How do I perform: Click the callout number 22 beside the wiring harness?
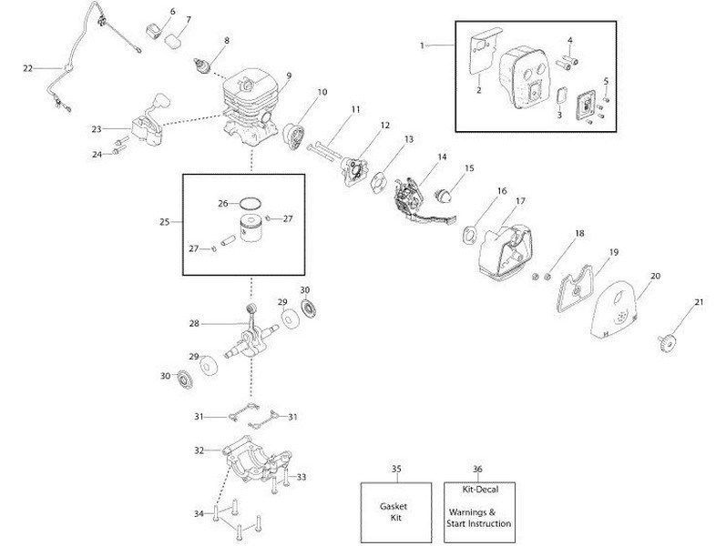(26, 67)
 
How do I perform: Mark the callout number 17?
(520, 200)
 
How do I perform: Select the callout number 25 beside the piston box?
(163, 221)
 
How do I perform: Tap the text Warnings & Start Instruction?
(478, 518)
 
